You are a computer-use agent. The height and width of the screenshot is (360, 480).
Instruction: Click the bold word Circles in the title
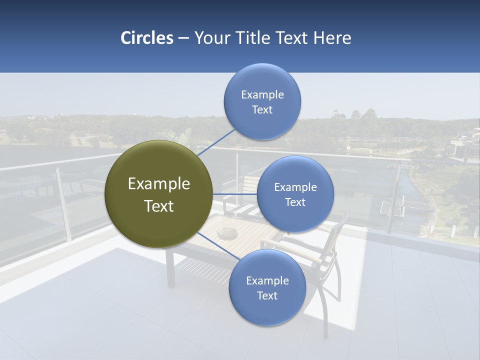coord(146,38)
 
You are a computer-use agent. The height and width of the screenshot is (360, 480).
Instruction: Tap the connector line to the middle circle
coord(235,194)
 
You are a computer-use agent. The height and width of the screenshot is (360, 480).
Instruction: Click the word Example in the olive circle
coord(159,184)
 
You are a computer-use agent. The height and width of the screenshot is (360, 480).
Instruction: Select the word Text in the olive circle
coord(159,206)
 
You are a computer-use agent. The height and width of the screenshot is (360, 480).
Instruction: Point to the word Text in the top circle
coord(262,110)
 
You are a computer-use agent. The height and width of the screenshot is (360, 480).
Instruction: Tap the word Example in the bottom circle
coord(267,281)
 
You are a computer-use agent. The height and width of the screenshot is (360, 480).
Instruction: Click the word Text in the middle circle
coord(295,202)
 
